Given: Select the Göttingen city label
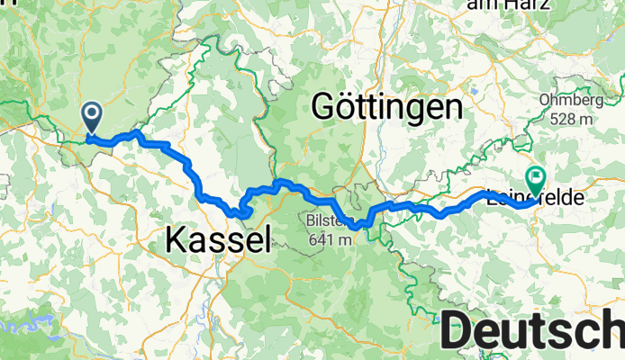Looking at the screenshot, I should [386, 108].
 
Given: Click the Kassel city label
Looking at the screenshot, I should [217, 238].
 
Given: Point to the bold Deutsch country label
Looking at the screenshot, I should [532, 330].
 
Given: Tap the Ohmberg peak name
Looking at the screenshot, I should [566, 100].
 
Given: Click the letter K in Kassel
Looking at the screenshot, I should [175, 238].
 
